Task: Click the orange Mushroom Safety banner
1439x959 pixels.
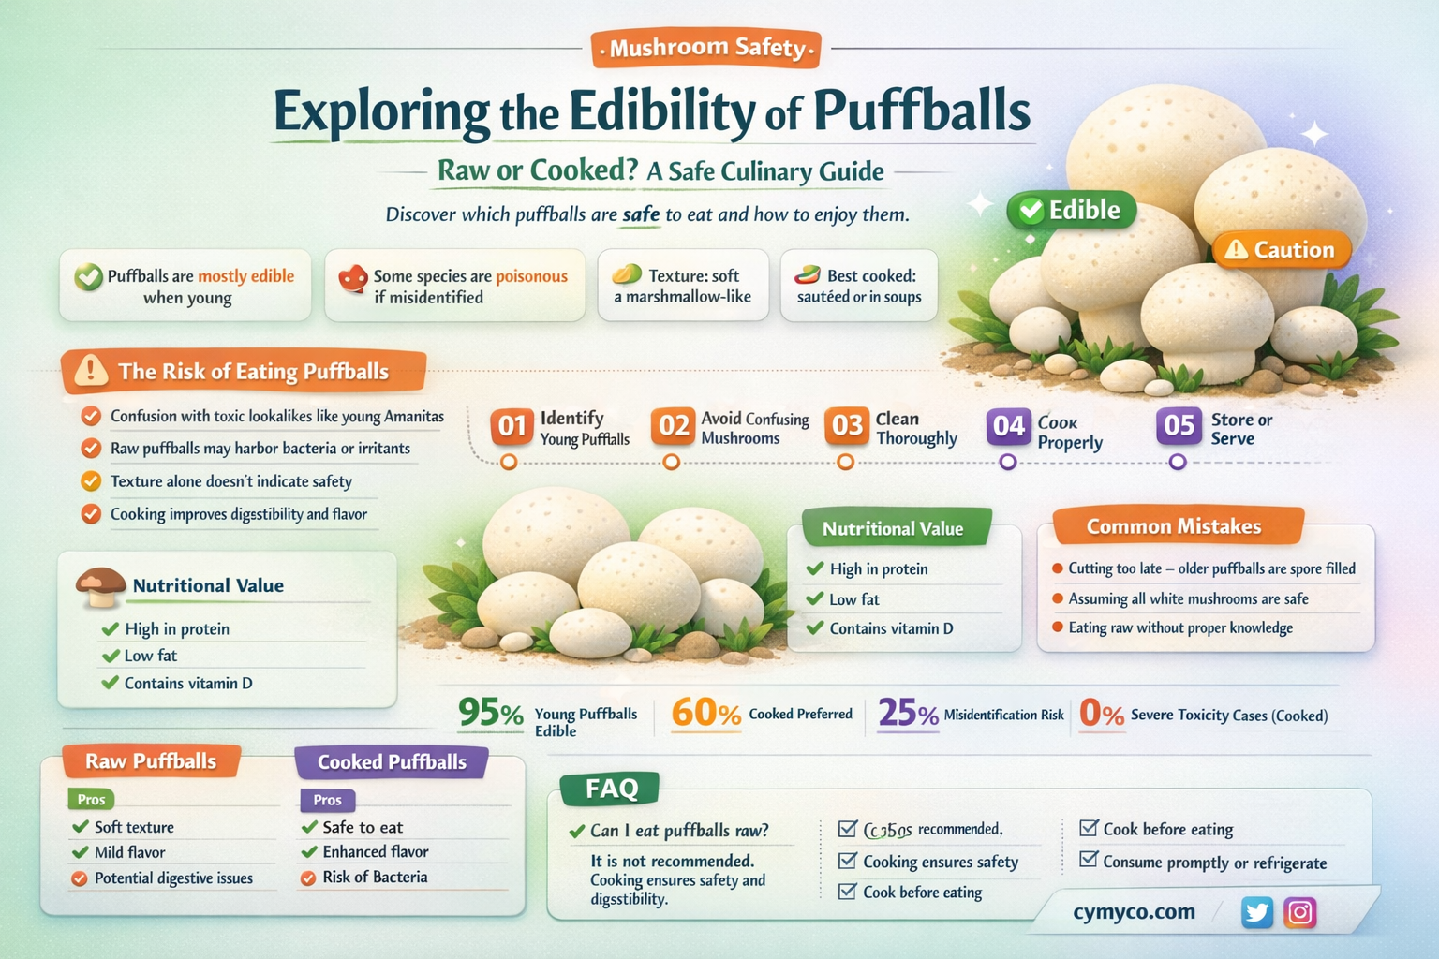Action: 706,48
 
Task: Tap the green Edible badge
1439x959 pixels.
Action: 1071,210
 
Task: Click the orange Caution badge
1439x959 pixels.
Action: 1281,250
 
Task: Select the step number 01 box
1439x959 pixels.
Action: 512,426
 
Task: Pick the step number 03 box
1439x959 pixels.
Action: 847,426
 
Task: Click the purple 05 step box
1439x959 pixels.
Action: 1179,426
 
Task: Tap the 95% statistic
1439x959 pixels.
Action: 491,714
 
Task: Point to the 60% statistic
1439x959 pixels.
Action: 705,714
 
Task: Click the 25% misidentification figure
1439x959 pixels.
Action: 908,714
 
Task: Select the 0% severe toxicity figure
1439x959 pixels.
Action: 1101,714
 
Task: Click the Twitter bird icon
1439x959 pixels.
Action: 1256,912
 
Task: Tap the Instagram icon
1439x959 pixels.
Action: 1299,912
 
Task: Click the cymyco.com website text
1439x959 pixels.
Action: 1134,912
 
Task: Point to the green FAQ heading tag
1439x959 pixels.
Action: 611,789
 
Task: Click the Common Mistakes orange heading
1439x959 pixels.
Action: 1175,526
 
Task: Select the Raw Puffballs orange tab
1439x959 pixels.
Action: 151,761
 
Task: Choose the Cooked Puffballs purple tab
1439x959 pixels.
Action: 392,762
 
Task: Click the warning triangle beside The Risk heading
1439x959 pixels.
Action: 91,371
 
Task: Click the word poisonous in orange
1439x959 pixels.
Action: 531,276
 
